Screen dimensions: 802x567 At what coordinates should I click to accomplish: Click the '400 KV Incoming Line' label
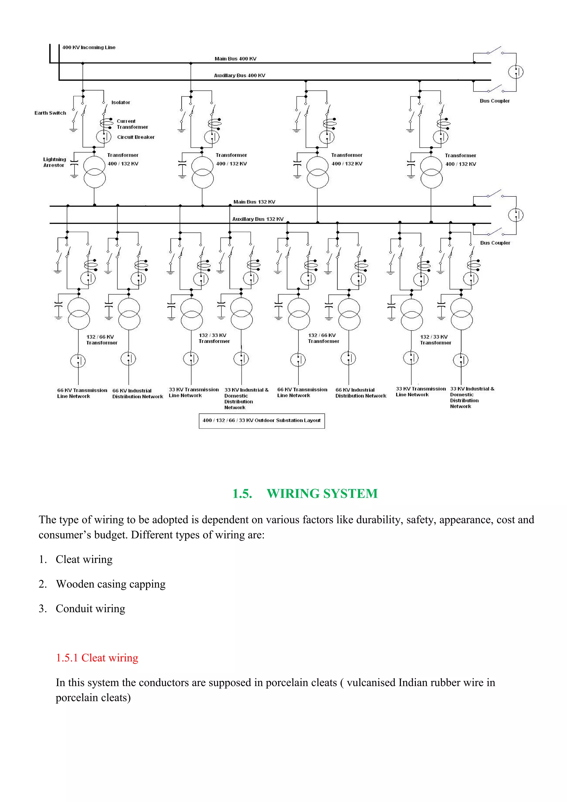point(89,48)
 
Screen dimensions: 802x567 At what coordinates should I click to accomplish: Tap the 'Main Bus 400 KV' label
point(235,59)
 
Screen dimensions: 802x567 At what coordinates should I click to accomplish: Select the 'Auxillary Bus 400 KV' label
point(240,76)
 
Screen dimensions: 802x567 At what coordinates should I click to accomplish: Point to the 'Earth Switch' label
point(50,113)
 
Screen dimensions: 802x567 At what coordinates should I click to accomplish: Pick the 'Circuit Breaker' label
point(136,137)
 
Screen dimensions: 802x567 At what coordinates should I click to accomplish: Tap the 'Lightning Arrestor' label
point(55,162)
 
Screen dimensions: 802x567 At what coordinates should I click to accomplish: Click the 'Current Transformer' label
point(132,124)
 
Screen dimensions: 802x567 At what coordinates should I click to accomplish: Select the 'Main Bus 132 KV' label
point(254,202)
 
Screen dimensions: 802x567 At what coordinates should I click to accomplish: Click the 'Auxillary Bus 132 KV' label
point(258,219)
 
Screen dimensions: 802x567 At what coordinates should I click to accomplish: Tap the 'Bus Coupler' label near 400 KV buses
point(495,101)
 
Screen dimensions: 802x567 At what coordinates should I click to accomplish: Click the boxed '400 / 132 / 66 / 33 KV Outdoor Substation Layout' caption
point(262,421)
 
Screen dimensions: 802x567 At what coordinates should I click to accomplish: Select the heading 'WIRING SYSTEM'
point(322,493)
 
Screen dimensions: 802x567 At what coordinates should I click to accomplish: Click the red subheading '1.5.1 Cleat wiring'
point(97,658)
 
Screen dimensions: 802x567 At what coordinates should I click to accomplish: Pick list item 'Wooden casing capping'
point(111,584)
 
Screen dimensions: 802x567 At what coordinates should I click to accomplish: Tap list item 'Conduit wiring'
point(91,609)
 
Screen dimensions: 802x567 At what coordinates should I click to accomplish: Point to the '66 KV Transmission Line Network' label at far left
point(82,393)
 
